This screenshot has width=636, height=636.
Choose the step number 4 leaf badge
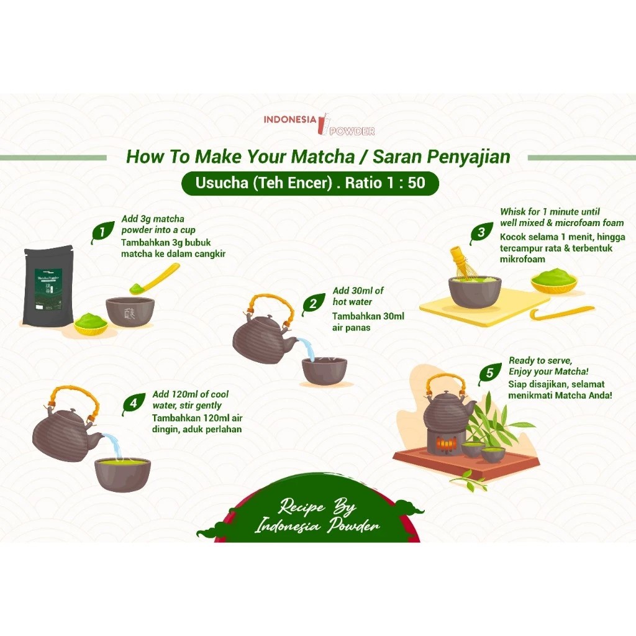click(x=134, y=404)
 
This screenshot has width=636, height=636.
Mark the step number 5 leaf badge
click(x=490, y=373)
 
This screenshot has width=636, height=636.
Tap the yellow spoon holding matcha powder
click(x=154, y=279)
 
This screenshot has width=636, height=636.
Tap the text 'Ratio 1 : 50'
click(x=385, y=183)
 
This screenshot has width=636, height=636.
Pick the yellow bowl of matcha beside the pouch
click(x=91, y=325)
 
